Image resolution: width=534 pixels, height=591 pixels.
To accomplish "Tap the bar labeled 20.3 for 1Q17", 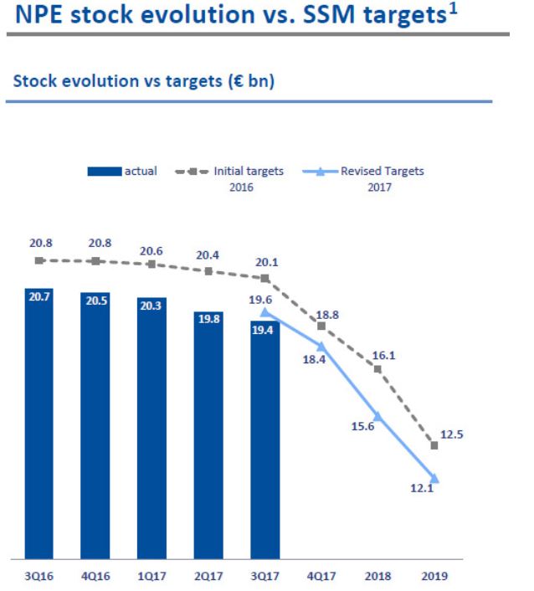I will coord(151,427).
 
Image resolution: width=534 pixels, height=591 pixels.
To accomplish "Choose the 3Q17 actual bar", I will coord(264,439).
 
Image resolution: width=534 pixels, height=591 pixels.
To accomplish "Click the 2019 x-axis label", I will coord(434,576).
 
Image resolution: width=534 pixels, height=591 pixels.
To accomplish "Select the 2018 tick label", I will coord(377,576).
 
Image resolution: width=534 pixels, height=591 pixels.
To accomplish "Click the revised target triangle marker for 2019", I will coord(434,480).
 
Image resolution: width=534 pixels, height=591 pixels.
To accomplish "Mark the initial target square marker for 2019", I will coord(434,445).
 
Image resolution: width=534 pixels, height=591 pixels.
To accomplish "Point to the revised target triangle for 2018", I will coord(377,415).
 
